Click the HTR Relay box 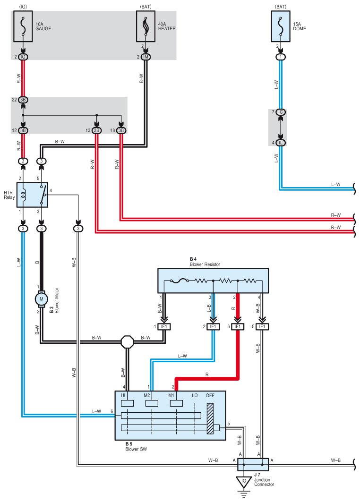coord(32,195)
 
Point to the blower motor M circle coord(41,298)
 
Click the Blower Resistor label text coord(205,264)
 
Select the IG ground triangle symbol coord(244,482)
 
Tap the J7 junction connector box coord(253,464)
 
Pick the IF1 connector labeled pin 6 coord(237,327)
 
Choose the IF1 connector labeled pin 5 coord(262,327)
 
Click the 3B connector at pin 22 coord(23,100)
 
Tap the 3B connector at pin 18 coord(121,130)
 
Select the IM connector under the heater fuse coord(146,57)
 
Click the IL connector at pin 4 coord(281,143)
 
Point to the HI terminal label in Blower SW coord(124,395)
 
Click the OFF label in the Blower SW coord(210,395)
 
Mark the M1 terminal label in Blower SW coord(172,395)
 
